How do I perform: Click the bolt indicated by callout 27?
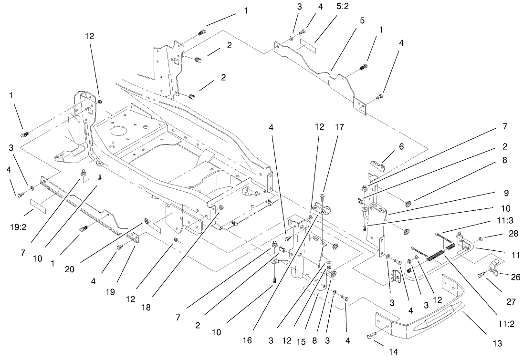(x=482, y=274)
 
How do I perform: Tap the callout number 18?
(x=146, y=308)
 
